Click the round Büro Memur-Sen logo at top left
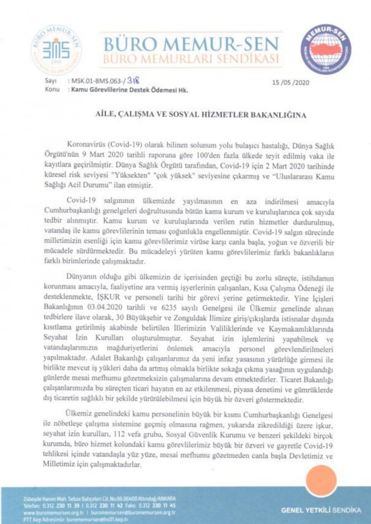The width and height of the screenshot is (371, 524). click(x=56, y=50)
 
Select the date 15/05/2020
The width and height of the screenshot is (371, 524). click(x=291, y=82)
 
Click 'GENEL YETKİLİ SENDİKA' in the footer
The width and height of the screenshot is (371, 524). click(x=321, y=510)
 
